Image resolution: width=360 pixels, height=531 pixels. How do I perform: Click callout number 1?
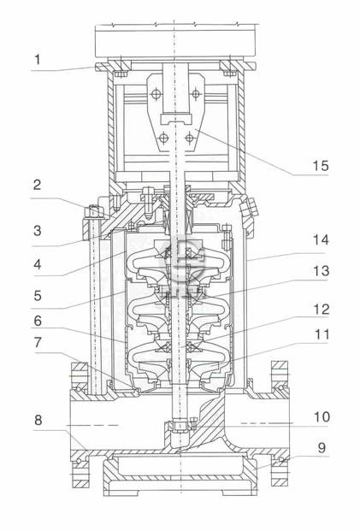pos(38,60)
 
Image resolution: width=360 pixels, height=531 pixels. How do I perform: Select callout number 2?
pos(38,184)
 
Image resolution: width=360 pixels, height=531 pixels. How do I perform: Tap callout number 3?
pos(38,231)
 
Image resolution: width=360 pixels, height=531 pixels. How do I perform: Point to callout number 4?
pos(38,264)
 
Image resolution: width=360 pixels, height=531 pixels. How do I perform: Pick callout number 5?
pos(38,296)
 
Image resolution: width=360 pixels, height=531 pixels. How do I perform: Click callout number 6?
pos(38,321)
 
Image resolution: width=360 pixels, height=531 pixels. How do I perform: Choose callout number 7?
pos(38,342)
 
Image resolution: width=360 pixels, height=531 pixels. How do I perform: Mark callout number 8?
pos(38,420)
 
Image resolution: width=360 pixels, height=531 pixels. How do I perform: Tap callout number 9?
pos(322,448)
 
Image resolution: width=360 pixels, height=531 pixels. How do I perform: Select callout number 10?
pos(322,417)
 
